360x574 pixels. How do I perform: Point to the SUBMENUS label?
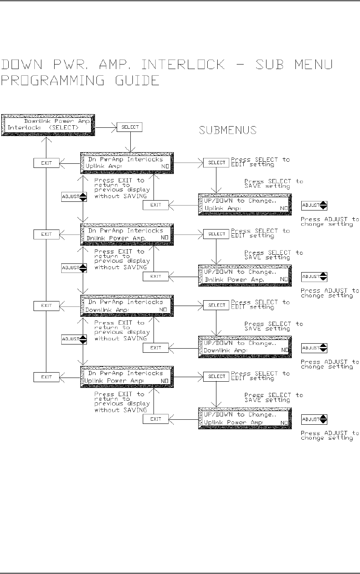[228, 130]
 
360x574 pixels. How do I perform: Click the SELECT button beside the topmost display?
[130, 127]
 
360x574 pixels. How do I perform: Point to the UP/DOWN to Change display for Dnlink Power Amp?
[245, 276]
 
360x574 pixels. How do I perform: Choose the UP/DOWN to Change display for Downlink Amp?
[245, 347]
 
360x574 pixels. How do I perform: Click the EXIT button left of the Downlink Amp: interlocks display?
[46, 306]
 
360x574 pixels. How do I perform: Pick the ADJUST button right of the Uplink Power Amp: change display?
[314, 419]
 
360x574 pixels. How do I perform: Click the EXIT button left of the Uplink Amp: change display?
[156, 205]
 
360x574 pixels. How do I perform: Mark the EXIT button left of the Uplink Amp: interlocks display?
[46, 163]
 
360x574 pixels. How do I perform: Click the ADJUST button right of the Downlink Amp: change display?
[314, 348]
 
